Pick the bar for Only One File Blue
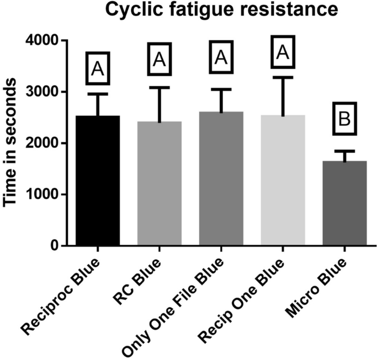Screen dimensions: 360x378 (x=221, y=179)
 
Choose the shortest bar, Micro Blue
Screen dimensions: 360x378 (x=344, y=203)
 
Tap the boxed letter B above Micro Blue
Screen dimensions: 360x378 (x=344, y=118)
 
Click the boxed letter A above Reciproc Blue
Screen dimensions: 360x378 (x=98, y=68)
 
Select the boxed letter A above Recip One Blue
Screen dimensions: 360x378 (x=283, y=52)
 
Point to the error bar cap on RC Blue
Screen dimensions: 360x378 (x=159, y=87)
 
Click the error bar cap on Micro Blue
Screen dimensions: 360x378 (x=344, y=151)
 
